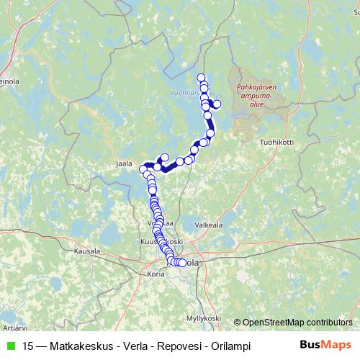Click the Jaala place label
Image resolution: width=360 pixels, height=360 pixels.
point(125,163)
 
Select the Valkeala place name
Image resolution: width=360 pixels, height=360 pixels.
point(209,225)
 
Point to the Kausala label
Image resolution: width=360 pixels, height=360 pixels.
point(88,252)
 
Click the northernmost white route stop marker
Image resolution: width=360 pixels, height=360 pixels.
point(201,78)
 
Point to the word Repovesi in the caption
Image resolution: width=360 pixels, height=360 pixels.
point(179,346)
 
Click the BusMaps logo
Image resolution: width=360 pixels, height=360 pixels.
point(325,345)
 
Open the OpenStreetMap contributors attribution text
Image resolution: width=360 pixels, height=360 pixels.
point(297,322)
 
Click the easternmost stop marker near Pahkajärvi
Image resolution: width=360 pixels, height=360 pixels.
point(217,105)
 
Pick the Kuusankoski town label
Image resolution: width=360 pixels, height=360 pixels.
point(160,242)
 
